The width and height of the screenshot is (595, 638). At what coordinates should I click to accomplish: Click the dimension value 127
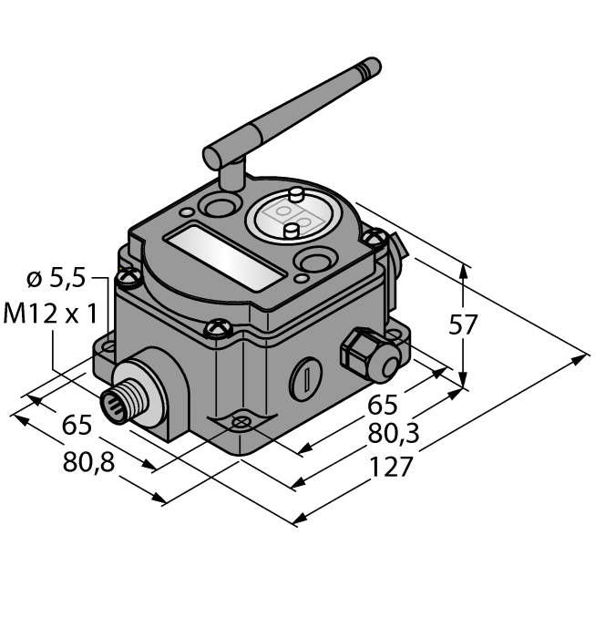[x=392, y=468]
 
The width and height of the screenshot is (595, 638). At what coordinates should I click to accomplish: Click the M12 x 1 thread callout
[x=51, y=314]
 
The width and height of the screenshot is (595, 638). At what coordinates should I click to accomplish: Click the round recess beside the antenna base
[x=219, y=206]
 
